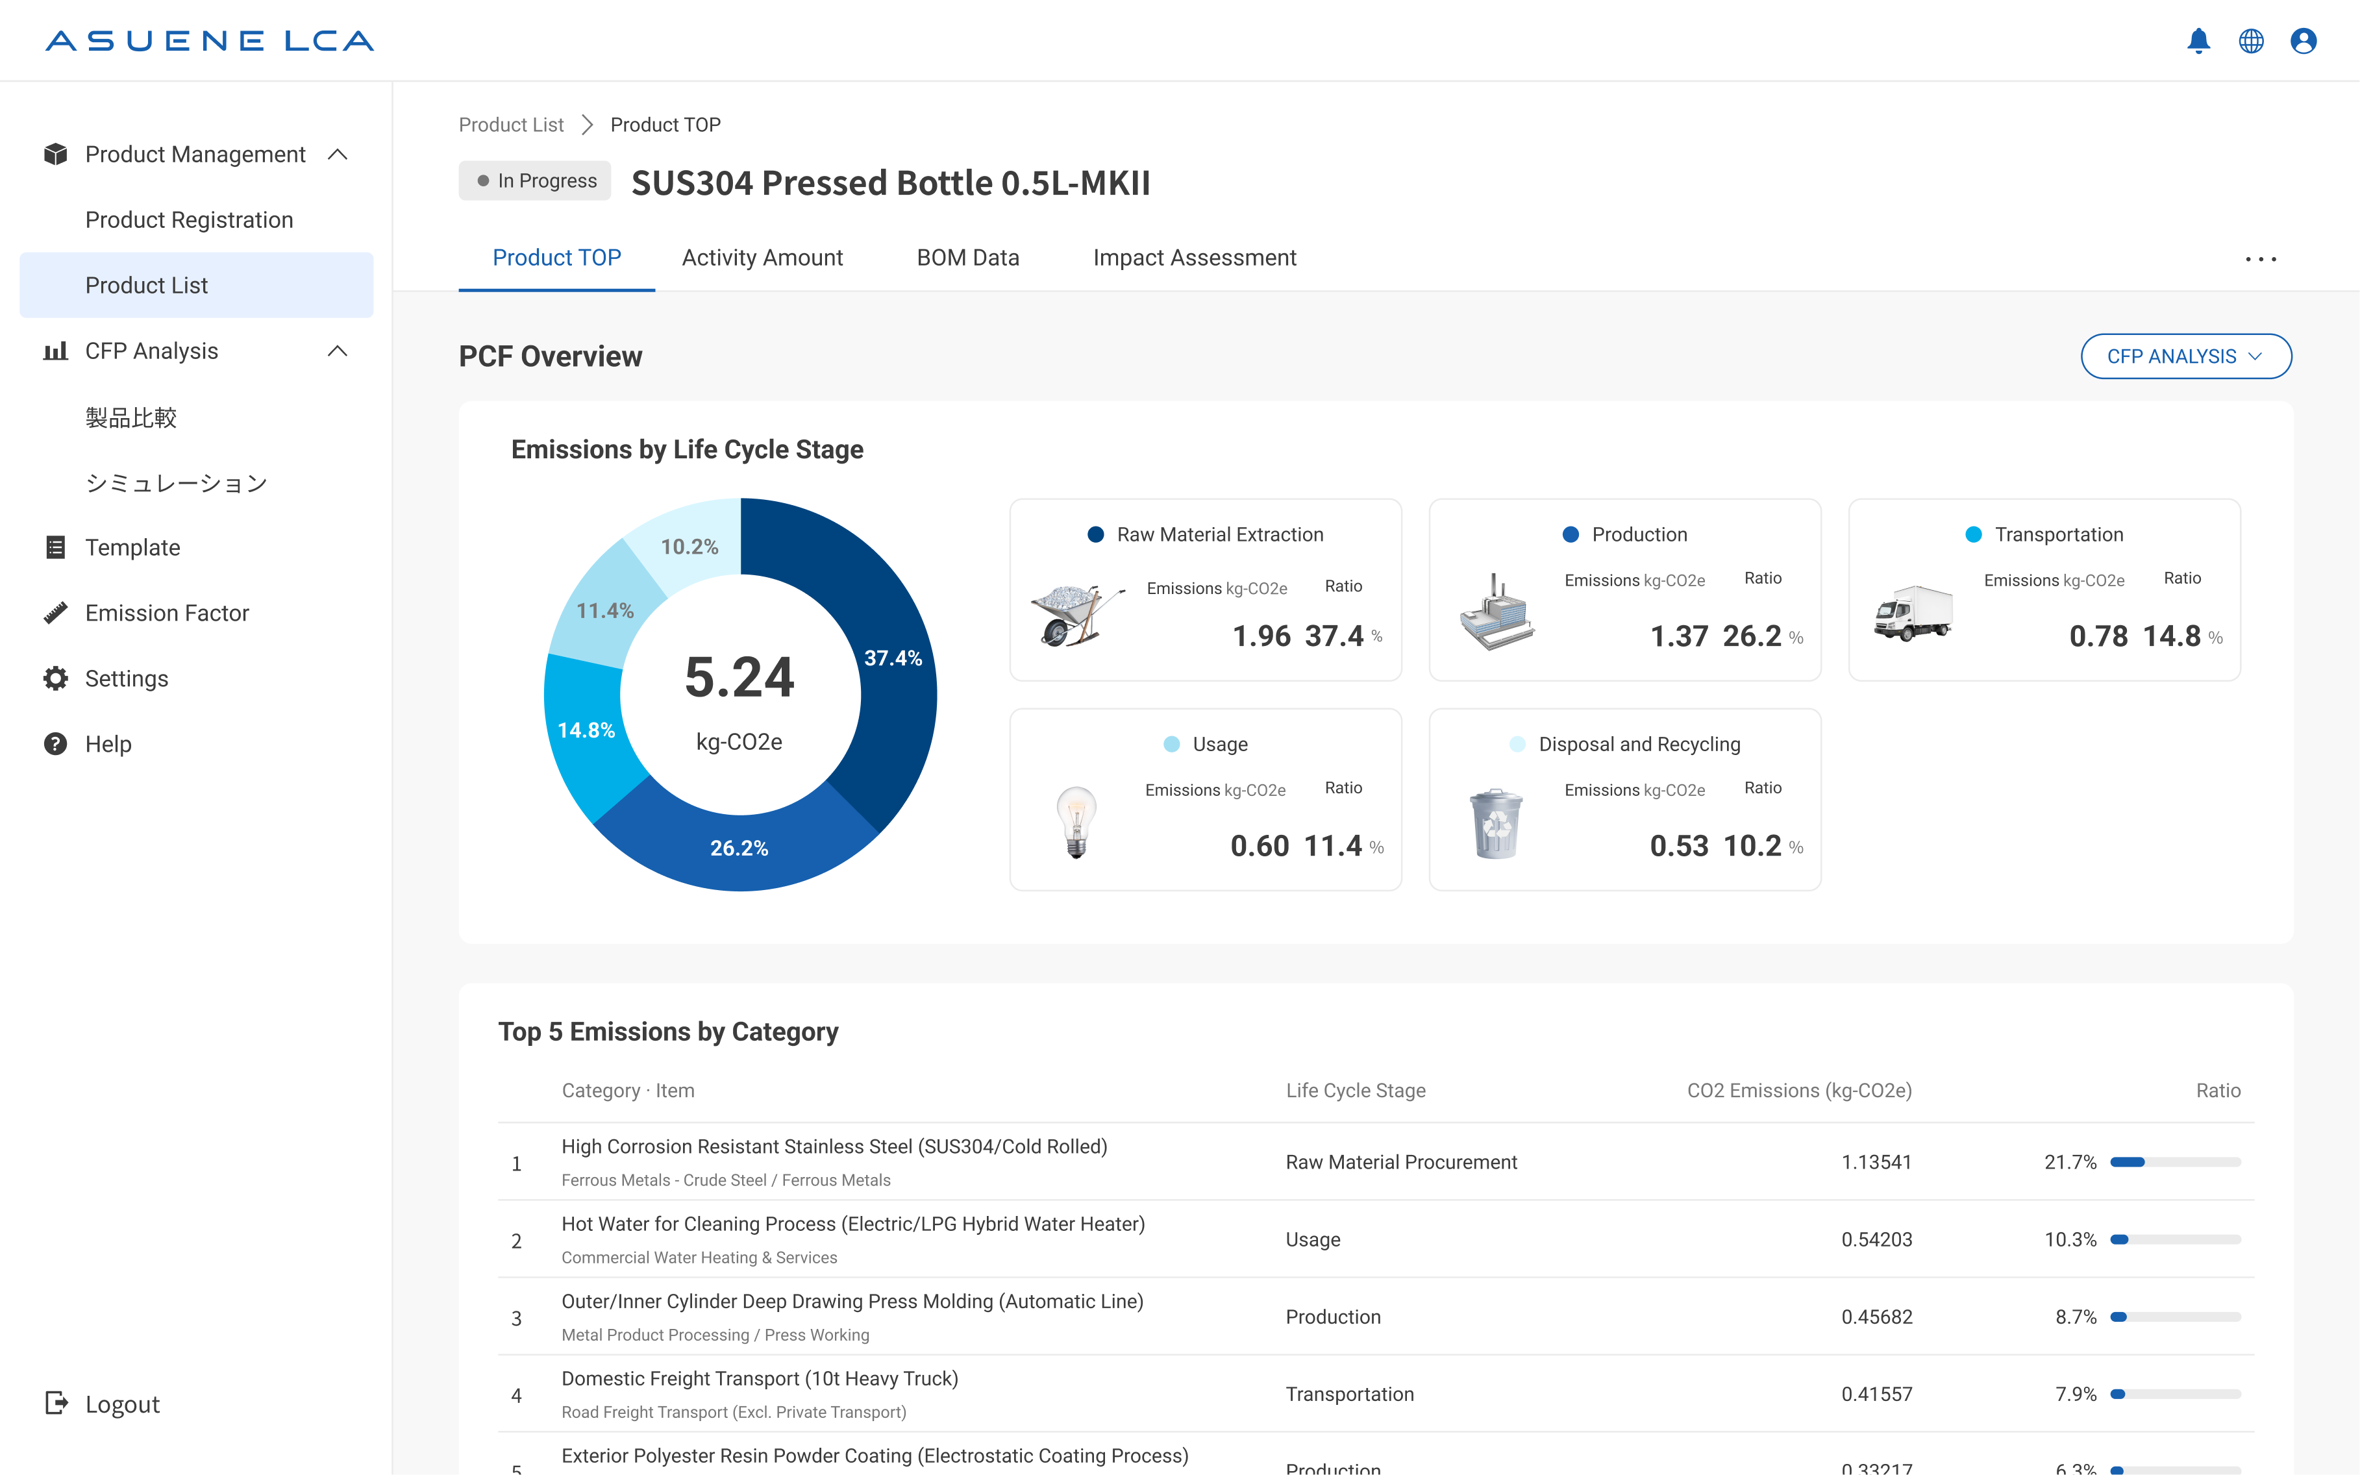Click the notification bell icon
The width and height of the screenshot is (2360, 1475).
[2198, 41]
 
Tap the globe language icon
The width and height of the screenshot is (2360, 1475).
[2251, 41]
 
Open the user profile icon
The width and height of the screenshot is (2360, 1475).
[2304, 41]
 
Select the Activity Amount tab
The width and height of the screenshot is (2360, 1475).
[762, 258]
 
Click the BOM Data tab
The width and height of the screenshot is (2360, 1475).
[968, 258]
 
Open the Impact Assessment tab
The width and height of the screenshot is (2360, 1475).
[1194, 258]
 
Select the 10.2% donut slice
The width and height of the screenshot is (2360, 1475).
[689, 546]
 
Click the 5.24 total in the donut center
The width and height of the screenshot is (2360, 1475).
[739, 677]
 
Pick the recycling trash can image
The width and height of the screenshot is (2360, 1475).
[1496, 823]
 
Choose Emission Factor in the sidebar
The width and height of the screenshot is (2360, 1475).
[167, 613]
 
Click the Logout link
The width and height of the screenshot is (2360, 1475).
[122, 1404]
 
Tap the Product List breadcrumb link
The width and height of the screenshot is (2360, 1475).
[511, 125]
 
